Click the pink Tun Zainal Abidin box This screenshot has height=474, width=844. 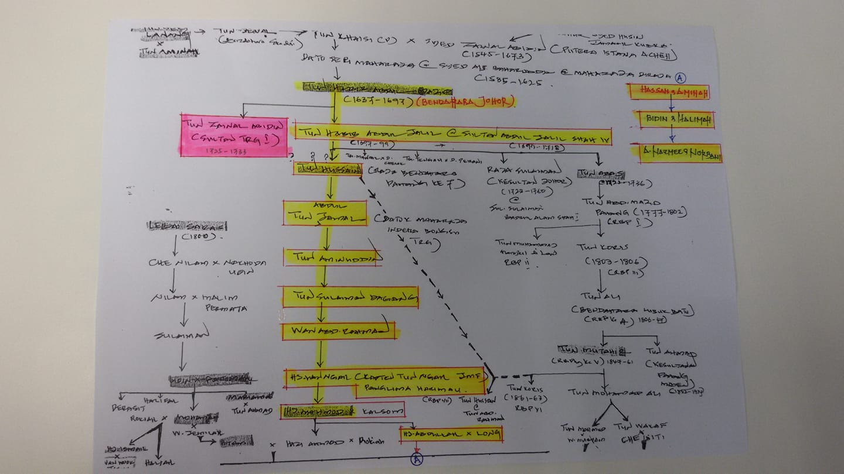pyautogui.click(x=234, y=135)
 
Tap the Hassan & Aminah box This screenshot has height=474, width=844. pyautogui.click(x=668, y=91)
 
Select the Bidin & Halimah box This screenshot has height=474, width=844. pyautogui.click(x=676, y=119)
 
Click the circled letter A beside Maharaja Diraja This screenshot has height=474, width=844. pyautogui.click(x=680, y=77)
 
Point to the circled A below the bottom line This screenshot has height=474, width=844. pyautogui.click(x=416, y=459)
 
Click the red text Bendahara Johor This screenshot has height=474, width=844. pyautogui.click(x=466, y=102)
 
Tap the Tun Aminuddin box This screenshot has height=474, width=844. pyautogui.click(x=333, y=257)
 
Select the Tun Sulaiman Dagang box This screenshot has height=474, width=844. pyautogui.click(x=350, y=297)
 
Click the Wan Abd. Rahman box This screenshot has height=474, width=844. pyautogui.click(x=338, y=332)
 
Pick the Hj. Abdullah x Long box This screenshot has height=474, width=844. pyautogui.click(x=451, y=434)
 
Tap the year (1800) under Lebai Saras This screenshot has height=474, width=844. pyautogui.click(x=196, y=237)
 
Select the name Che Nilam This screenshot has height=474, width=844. pyautogui.click(x=169, y=263)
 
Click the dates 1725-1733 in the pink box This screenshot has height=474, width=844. pyautogui.click(x=227, y=151)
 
